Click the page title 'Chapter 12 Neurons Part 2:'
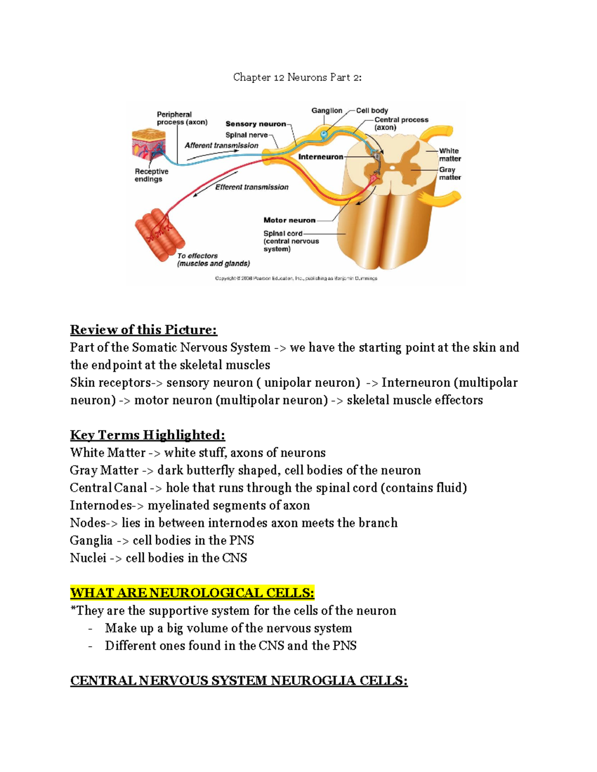[298, 78]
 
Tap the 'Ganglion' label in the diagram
[326, 110]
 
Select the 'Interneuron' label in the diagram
[320, 157]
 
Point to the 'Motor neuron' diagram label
[289, 220]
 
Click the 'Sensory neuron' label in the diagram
[256, 124]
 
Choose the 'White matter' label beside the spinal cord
[450, 155]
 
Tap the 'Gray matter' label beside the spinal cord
[450, 173]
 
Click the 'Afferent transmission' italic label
[221, 146]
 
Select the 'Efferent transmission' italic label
[252, 187]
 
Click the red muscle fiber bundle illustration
[160, 234]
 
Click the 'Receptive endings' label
[151, 175]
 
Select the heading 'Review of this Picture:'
[143, 330]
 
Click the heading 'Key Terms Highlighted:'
[147, 435]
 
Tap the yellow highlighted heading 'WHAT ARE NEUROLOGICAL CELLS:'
[192, 593]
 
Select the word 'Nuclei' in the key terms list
[88, 558]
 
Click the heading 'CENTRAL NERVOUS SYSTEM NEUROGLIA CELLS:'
[239, 681]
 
